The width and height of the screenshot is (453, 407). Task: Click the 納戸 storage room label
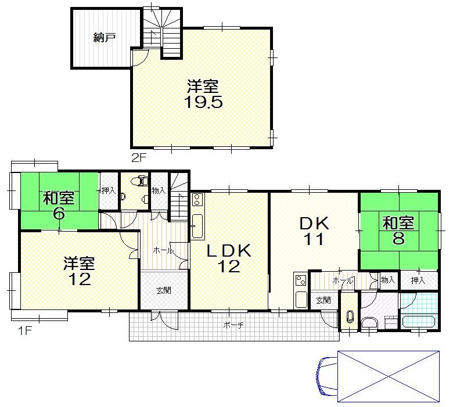(x=105, y=38)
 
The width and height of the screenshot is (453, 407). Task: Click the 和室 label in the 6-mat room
(x=58, y=198)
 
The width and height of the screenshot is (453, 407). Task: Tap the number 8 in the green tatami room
(x=398, y=238)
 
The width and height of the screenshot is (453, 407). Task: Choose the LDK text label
(x=229, y=251)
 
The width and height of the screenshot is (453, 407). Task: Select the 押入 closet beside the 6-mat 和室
(x=108, y=190)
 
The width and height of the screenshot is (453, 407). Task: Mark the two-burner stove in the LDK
(x=196, y=201)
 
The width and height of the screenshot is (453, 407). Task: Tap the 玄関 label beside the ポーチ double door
(x=163, y=290)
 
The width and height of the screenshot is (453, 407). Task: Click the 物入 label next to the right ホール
(x=388, y=280)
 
